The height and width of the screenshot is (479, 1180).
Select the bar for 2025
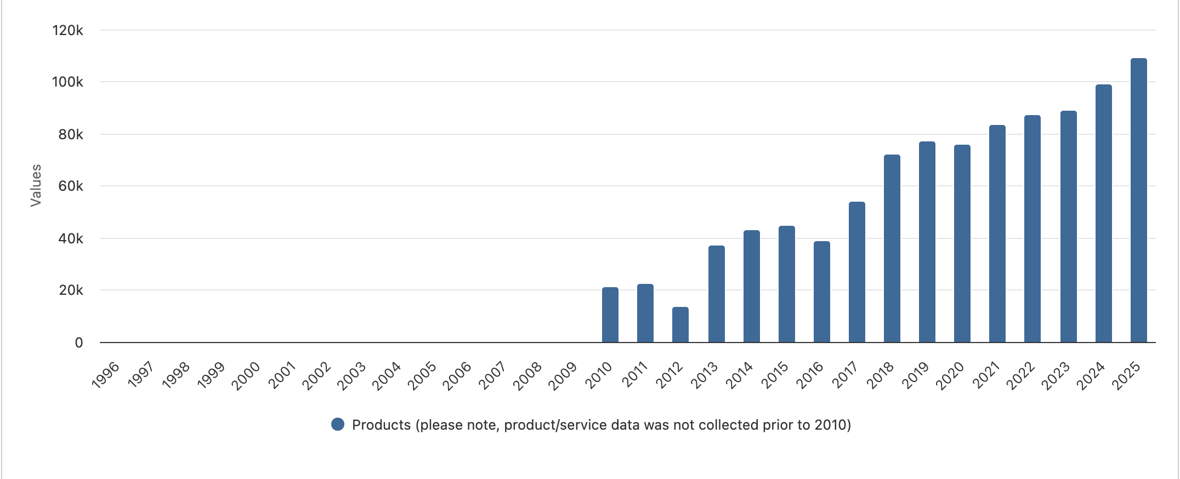(x=1138, y=200)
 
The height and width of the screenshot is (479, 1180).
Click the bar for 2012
(x=680, y=324)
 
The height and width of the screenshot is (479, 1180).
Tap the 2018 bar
(x=892, y=248)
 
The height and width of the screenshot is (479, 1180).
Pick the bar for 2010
(x=610, y=315)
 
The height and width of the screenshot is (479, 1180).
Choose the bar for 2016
(x=821, y=292)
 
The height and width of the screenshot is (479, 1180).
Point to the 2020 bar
(x=962, y=243)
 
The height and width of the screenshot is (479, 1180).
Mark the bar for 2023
(x=1068, y=226)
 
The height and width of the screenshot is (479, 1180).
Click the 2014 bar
(x=751, y=286)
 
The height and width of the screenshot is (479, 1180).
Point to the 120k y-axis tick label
(x=67, y=31)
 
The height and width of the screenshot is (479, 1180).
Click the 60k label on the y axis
(x=71, y=186)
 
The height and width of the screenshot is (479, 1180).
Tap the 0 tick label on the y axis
(x=79, y=343)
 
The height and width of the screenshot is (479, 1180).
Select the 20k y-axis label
(x=71, y=290)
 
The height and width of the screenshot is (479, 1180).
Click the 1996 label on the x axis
(x=106, y=375)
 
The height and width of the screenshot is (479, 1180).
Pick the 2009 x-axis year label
(x=563, y=375)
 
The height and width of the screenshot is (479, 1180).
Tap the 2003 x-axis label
(x=351, y=375)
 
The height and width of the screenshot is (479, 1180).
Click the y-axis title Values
(x=36, y=185)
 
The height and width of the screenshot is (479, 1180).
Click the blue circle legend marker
(x=338, y=425)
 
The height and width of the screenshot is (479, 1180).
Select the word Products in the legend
(x=381, y=425)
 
